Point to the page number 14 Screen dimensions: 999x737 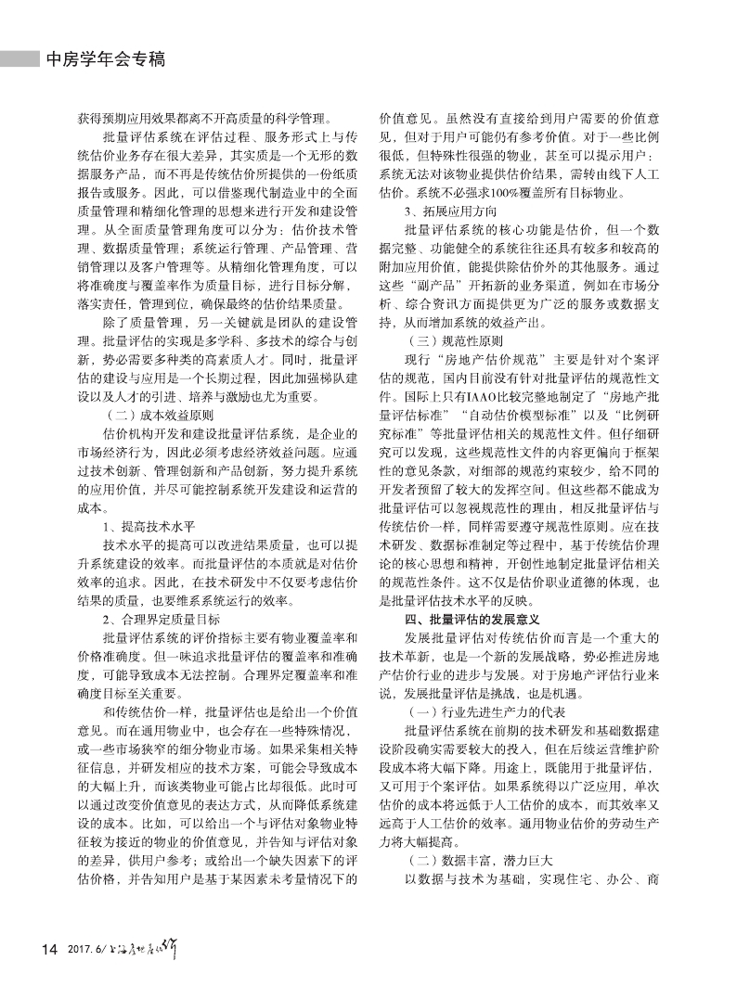pos(48,949)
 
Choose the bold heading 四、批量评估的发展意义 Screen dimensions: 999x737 pos(479,618)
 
